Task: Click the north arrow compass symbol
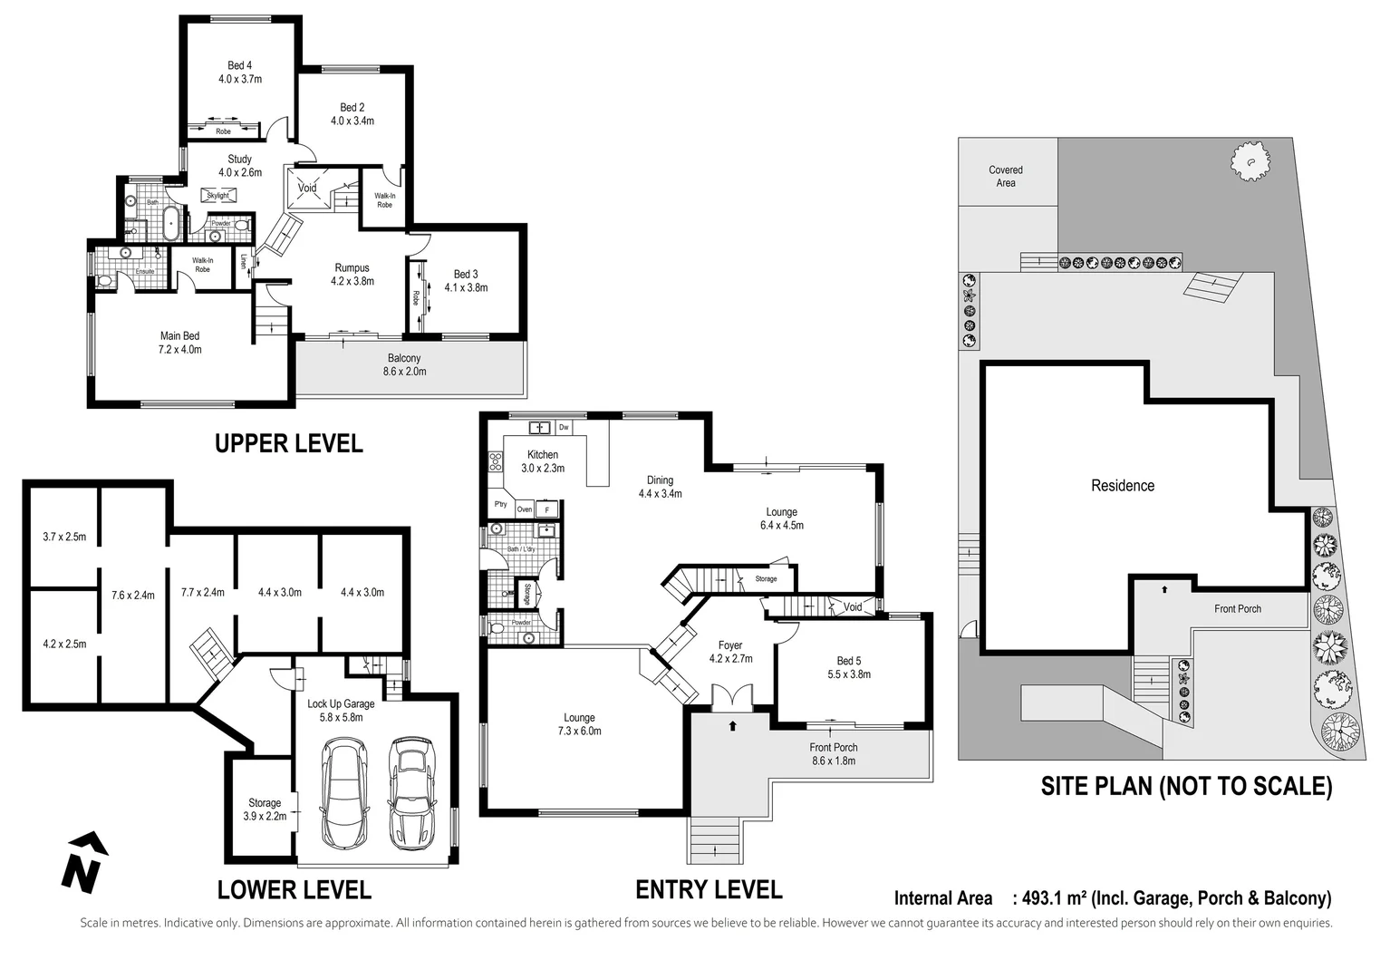82,861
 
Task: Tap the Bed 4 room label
240,73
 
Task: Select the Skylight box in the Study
218,195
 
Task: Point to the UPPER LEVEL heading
288,443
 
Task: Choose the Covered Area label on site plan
1006,177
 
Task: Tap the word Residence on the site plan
1123,486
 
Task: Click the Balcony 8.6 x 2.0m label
404,364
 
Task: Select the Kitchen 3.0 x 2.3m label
543,461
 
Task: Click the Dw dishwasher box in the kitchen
564,427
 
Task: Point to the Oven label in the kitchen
525,509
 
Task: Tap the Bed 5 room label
849,667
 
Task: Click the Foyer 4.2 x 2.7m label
730,653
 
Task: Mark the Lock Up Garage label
341,710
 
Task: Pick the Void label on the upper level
308,188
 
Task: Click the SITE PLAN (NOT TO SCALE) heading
1186,786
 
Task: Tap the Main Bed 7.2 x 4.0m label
179,343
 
